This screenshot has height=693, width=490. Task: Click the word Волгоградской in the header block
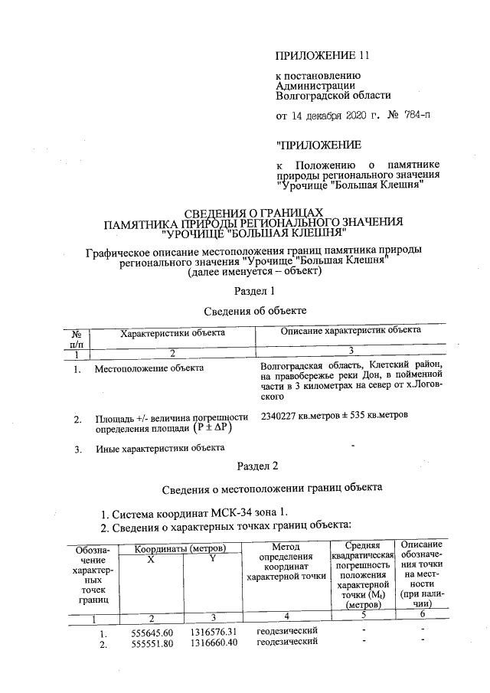tap(309, 96)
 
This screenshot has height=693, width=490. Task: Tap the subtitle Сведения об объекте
tap(256, 311)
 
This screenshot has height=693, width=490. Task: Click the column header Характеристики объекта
tap(172, 333)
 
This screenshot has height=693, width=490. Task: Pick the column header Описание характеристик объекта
tap(351, 331)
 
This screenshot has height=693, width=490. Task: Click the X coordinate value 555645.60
tap(152, 632)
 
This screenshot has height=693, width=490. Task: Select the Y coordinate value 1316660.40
tap(212, 642)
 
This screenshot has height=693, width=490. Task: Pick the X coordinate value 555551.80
tap(152, 643)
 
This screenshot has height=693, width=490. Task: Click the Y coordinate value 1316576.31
tap(212, 631)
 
